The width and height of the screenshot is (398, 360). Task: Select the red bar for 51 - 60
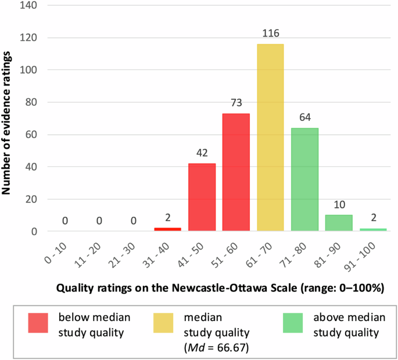(236, 172)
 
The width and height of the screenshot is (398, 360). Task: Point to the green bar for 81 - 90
(339, 223)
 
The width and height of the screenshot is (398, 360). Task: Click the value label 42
(202, 155)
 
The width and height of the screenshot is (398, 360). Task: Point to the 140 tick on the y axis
(29, 6)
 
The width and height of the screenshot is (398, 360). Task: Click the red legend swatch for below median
(41, 323)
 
